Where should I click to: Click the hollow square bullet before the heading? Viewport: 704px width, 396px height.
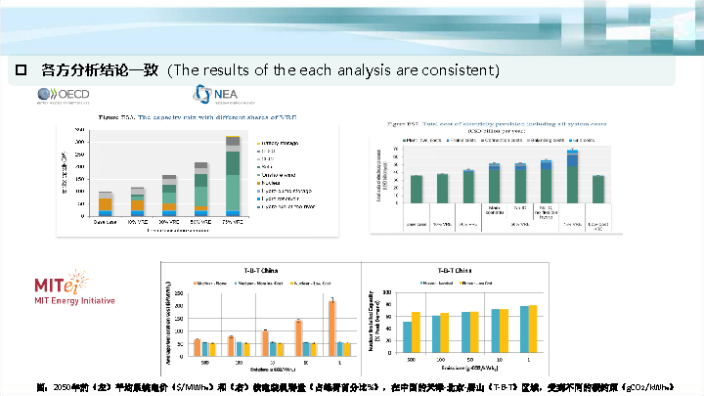coord(20,70)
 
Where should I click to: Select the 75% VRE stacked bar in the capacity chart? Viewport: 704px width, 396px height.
coord(233,176)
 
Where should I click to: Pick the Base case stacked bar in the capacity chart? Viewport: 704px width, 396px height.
coord(106,203)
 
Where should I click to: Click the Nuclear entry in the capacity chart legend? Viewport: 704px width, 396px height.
coord(269,181)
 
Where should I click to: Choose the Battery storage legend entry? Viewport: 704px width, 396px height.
coord(277,143)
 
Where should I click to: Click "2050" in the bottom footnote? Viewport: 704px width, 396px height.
coord(62,386)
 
